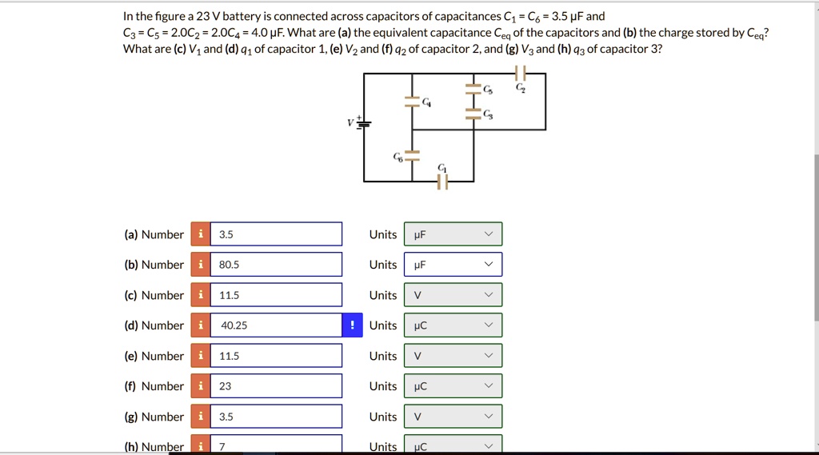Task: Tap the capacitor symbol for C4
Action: point(412,102)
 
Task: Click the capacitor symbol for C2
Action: point(521,74)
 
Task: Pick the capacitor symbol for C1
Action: point(442,182)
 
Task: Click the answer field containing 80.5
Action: point(276,265)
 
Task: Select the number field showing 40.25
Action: point(276,325)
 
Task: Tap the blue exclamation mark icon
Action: point(353,325)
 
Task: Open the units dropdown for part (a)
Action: point(453,234)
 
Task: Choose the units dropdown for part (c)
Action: point(453,295)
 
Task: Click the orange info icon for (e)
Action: point(200,356)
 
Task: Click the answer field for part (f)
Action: point(276,386)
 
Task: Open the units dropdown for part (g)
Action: point(453,417)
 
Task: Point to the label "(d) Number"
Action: point(154,325)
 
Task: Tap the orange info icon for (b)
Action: point(200,265)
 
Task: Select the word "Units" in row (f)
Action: point(383,386)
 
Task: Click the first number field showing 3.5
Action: point(276,234)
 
